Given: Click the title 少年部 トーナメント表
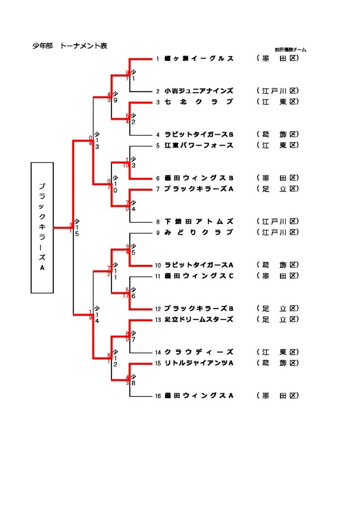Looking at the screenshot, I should pyautogui.click(x=70, y=46).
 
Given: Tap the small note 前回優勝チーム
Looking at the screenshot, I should pyautogui.click(x=290, y=50).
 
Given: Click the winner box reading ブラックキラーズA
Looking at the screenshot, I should pyautogui.click(x=42, y=227).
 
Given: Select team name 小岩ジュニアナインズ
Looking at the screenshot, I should pyautogui.click(x=199, y=91).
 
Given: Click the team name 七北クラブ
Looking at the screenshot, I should pyautogui.click(x=199, y=102).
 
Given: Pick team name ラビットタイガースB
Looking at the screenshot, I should pyautogui.click(x=199, y=134).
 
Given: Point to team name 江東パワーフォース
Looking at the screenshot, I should pyautogui.click(x=199, y=145).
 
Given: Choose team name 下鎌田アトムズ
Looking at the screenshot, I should pyautogui.click(x=199, y=221).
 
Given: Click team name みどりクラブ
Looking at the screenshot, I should pyautogui.click(x=199, y=232).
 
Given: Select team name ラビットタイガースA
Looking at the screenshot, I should pyautogui.click(x=199, y=265).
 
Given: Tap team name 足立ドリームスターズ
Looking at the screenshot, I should pyautogui.click(x=199, y=319).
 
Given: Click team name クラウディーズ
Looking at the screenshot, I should pyautogui.click(x=199, y=352).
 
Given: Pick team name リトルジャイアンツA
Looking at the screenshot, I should pyautogui.click(x=199, y=363).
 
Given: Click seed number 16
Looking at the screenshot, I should pyautogui.click(x=158, y=396).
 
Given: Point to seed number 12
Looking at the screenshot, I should pyautogui.click(x=158, y=308).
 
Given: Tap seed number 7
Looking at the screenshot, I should pyautogui.click(x=158, y=189).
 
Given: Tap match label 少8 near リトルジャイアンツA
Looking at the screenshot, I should pyautogui.click(x=133, y=380).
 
